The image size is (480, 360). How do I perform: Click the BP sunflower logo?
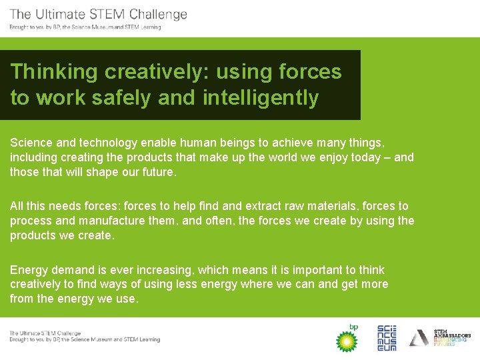(x=346, y=339)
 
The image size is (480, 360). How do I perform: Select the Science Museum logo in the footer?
(x=387, y=338)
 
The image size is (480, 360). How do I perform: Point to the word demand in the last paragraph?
(x=69, y=270)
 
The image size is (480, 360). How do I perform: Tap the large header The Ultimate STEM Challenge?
(x=99, y=14)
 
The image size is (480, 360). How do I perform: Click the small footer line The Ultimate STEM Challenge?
(x=45, y=333)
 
